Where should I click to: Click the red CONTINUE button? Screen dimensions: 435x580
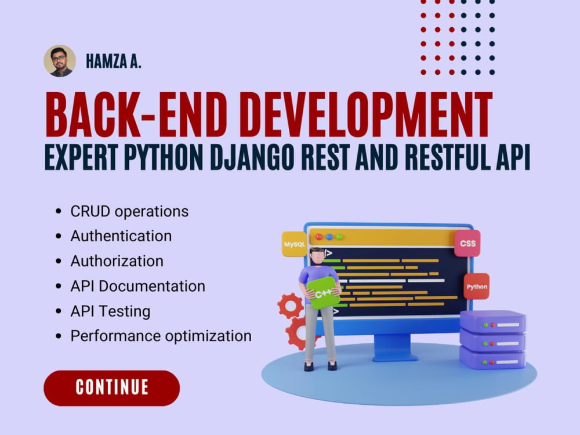pos(111,387)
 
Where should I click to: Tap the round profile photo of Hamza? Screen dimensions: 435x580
pos(60,61)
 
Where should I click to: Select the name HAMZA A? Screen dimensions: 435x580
pos(114,61)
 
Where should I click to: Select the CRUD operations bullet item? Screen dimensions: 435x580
pos(129,211)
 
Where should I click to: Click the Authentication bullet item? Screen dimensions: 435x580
pos(121,236)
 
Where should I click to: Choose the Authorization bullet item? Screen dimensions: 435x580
pos(117,261)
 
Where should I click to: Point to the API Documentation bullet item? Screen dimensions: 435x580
pos(137,286)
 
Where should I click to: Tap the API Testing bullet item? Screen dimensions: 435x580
pos(110,311)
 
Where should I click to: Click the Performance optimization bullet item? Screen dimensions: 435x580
pos(161,336)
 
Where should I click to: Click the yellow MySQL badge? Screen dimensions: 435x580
pos(294,244)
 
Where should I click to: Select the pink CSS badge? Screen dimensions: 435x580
pos(467,244)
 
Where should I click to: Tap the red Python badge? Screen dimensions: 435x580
pos(477,287)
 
